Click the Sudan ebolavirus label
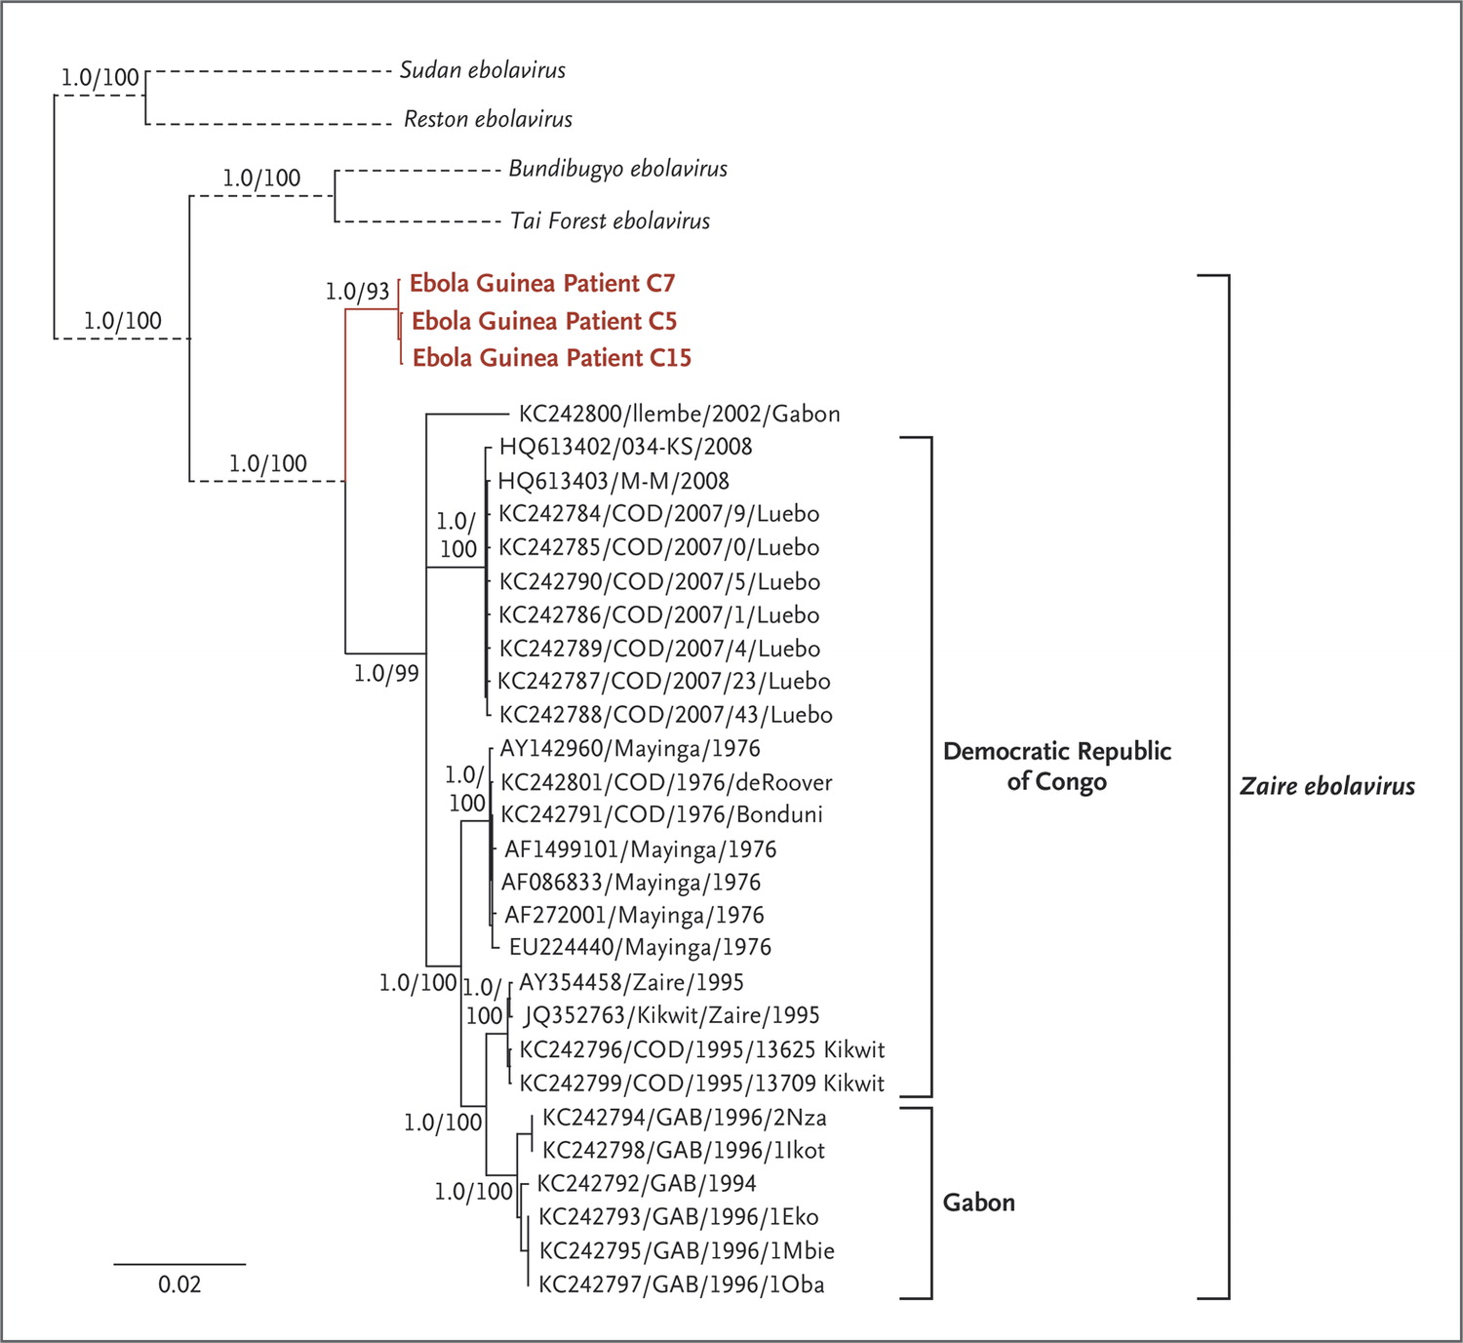tap(482, 70)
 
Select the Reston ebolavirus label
tap(488, 119)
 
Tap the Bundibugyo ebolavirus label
tap(617, 170)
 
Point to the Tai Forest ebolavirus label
tap(610, 220)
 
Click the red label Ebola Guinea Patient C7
tap(542, 283)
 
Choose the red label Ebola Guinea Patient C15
tap(551, 358)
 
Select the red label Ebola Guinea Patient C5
tap(544, 321)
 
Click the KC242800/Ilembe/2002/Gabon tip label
tap(679, 415)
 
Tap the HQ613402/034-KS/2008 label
tap(625, 447)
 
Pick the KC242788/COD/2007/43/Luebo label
tap(665, 714)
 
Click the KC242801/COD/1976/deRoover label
tap(666, 783)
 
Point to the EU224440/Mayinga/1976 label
tap(640, 947)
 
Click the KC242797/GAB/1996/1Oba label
tap(681, 1284)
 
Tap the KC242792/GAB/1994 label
tap(647, 1182)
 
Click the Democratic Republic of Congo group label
tap(1056, 766)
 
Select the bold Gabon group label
tap(978, 1203)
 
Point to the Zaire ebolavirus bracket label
tap(1327, 786)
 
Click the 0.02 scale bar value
tap(179, 1284)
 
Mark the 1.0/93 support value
tap(357, 292)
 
